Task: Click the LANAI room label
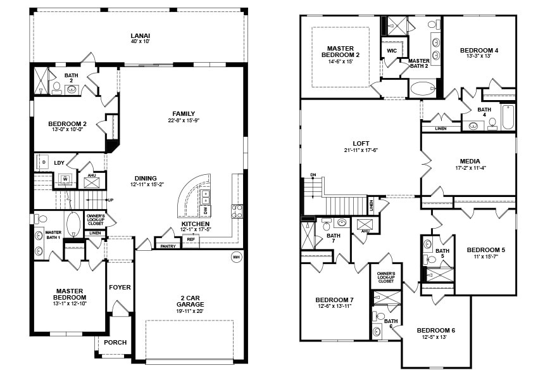[x=140, y=35]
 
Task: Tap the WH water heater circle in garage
[x=236, y=257]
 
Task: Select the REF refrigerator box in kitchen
[x=191, y=239]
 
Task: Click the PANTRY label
[x=168, y=246]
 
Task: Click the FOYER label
[x=120, y=287]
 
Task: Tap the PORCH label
[x=115, y=342]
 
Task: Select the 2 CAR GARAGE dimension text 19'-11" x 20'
[x=191, y=311]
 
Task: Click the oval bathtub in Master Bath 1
[x=73, y=224]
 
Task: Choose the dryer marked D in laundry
[x=44, y=162]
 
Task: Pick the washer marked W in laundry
[x=65, y=179]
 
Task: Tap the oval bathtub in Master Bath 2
[x=423, y=88]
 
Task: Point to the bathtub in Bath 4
[x=508, y=117]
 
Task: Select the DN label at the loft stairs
[x=312, y=175]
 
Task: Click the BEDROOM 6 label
[x=435, y=331]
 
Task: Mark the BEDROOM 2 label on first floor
[x=68, y=124]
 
